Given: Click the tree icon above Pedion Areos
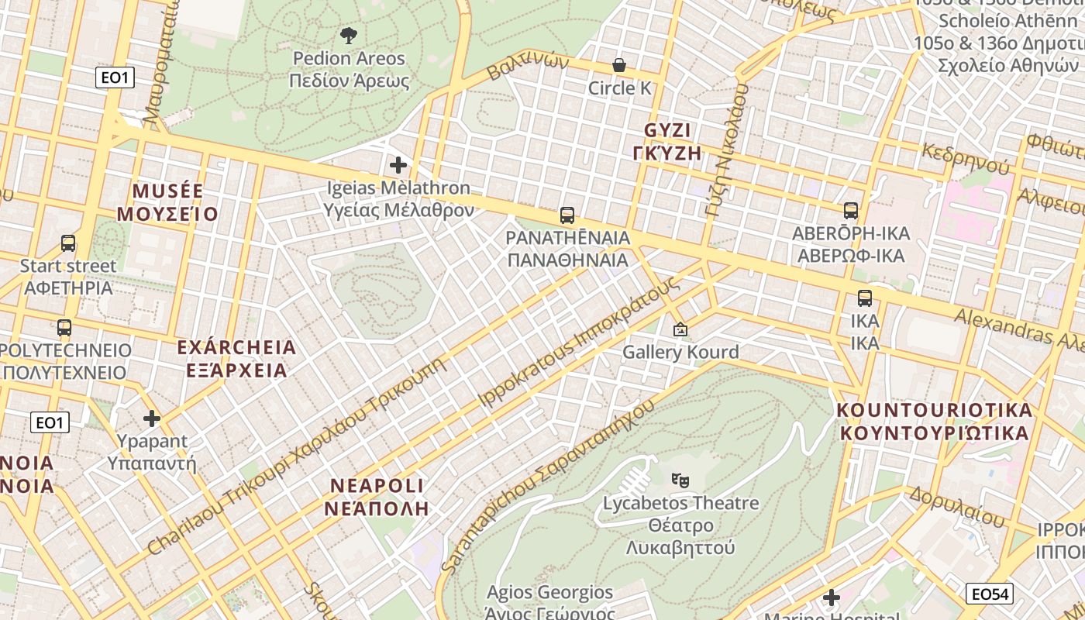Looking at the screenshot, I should tap(349, 35).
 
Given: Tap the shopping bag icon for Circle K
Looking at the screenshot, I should tap(619, 65).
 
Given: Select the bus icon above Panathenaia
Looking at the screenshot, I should tap(567, 215).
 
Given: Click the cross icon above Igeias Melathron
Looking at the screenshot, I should tap(398, 165).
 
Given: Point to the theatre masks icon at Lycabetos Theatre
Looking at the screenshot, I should tap(680, 480).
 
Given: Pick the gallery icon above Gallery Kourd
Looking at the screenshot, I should tap(680, 329).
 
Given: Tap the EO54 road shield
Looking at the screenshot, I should tap(990, 594).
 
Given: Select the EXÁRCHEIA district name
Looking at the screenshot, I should tap(236, 358).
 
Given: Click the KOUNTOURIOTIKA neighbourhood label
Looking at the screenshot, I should tap(935, 421).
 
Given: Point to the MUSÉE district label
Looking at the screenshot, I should tap(167, 202).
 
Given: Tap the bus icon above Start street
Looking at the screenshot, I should tap(68, 243).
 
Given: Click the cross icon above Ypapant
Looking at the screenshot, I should tap(152, 419).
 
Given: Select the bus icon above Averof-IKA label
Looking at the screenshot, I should tap(851, 211).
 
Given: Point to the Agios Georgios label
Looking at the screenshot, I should tap(549, 594).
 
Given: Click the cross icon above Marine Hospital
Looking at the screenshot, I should tap(832, 598).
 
